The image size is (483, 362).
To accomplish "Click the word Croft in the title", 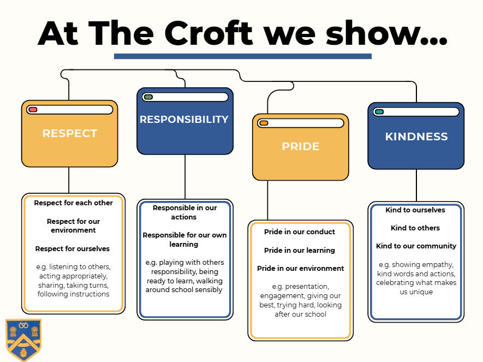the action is point(208,33).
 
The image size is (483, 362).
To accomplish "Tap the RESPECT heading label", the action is point(70,133).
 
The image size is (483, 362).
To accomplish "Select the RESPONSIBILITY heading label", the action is point(184,119).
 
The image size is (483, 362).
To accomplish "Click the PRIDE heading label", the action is point(301,146).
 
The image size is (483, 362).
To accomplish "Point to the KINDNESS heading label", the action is point(416,137).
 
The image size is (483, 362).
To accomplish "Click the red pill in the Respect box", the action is point(33,110).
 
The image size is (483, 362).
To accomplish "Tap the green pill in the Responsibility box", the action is point(148,97).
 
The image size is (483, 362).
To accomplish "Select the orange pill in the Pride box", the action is point(264,123).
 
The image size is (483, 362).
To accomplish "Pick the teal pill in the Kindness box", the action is point(379,111).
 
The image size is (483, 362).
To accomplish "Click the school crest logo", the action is point(23,340).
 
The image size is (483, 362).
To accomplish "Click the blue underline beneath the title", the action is point(243,56).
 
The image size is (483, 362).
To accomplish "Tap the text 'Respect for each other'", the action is point(73,203).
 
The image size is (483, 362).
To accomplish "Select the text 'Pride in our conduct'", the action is point(300,232).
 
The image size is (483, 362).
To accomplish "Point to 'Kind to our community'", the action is point(416,246).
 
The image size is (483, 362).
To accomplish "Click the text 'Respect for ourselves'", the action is point(73,248).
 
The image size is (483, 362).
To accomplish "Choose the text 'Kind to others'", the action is point(415,228).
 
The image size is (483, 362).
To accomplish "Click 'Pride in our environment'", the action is point(300,268).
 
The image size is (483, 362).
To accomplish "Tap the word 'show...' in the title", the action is point(386,33).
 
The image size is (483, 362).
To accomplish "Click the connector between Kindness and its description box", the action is point(416,186).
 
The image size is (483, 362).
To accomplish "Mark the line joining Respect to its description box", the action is point(69,180).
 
